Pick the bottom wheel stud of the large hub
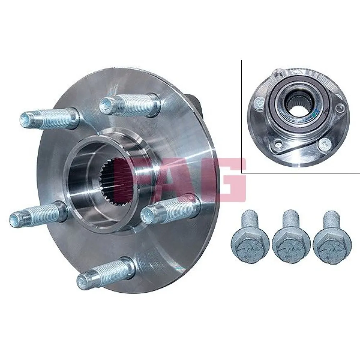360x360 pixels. (x=105, y=274)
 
